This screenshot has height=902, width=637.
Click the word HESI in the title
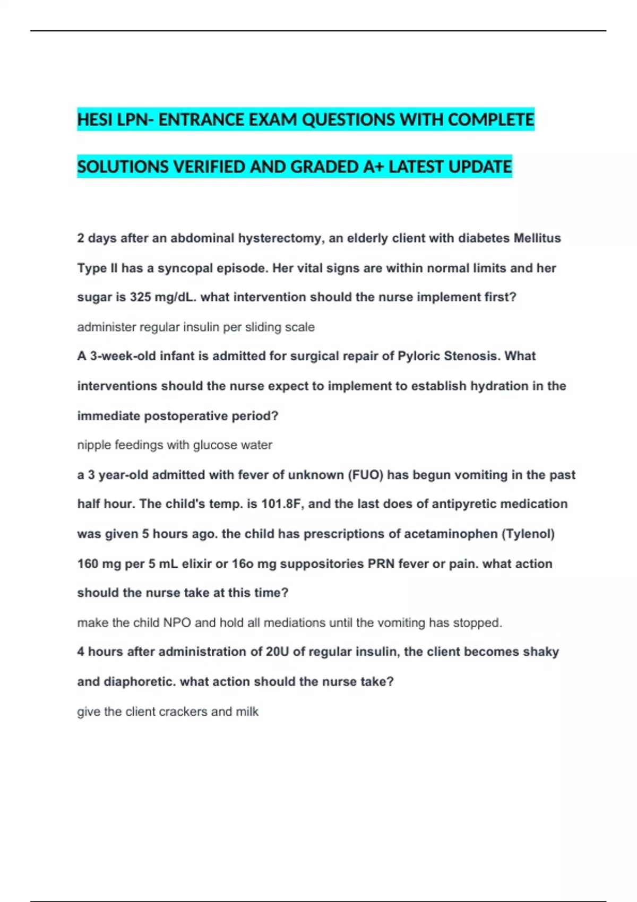tap(95, 120)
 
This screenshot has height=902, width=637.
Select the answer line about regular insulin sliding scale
tap(196, 327)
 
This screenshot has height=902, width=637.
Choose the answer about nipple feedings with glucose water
tap(175, 445)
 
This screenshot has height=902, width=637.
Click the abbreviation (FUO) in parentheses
tap(365, 475)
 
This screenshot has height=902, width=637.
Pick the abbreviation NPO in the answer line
tap(177, 622)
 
